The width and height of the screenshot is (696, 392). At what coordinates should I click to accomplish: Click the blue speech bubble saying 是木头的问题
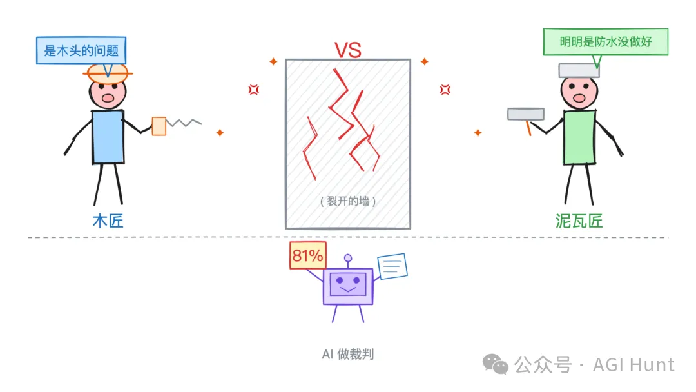81,50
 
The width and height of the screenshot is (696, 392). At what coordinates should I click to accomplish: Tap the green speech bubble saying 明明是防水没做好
605,43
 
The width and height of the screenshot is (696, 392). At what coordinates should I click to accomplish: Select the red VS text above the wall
347,50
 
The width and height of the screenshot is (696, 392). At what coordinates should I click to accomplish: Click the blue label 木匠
108,221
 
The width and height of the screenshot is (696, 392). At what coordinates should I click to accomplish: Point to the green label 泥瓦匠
579,221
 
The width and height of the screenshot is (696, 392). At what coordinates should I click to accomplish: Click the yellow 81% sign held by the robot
307,255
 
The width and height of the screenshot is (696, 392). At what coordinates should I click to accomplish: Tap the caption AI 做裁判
348,354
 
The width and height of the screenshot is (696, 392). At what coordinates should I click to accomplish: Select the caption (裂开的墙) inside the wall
348,201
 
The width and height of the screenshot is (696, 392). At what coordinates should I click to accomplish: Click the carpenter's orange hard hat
108,72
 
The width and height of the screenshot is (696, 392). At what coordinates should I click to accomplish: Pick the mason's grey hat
579,70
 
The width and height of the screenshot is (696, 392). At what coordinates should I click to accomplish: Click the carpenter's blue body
108,136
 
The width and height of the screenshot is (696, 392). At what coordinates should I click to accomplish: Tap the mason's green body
579,137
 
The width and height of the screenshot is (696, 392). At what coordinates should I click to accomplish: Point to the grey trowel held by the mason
526,114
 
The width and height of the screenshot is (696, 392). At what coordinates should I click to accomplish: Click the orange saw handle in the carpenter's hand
159,126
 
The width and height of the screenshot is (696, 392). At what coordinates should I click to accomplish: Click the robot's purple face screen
348,284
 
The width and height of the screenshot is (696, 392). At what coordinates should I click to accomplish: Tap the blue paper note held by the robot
392,266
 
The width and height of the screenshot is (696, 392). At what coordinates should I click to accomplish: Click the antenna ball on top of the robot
348,259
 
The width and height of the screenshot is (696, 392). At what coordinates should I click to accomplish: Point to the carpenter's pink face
108,93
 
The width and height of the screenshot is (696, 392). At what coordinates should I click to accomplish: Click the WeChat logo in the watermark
496,365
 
